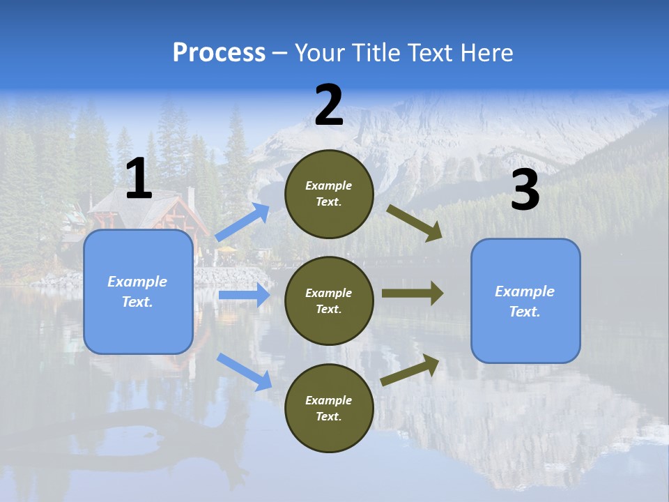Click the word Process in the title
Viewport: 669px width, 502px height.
(219, 53)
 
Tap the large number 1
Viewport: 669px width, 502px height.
(139, 179)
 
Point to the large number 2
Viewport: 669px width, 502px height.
(329, 105)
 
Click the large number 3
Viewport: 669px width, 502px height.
(525, 190)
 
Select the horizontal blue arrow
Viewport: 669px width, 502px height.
(244, 295)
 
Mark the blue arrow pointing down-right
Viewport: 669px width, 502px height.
(244, 371)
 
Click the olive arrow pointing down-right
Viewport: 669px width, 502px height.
(415, 222)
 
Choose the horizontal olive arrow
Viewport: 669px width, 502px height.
(412, 293)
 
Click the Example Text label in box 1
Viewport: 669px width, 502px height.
(137, 291)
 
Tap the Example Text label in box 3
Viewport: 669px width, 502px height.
(525, 301)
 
